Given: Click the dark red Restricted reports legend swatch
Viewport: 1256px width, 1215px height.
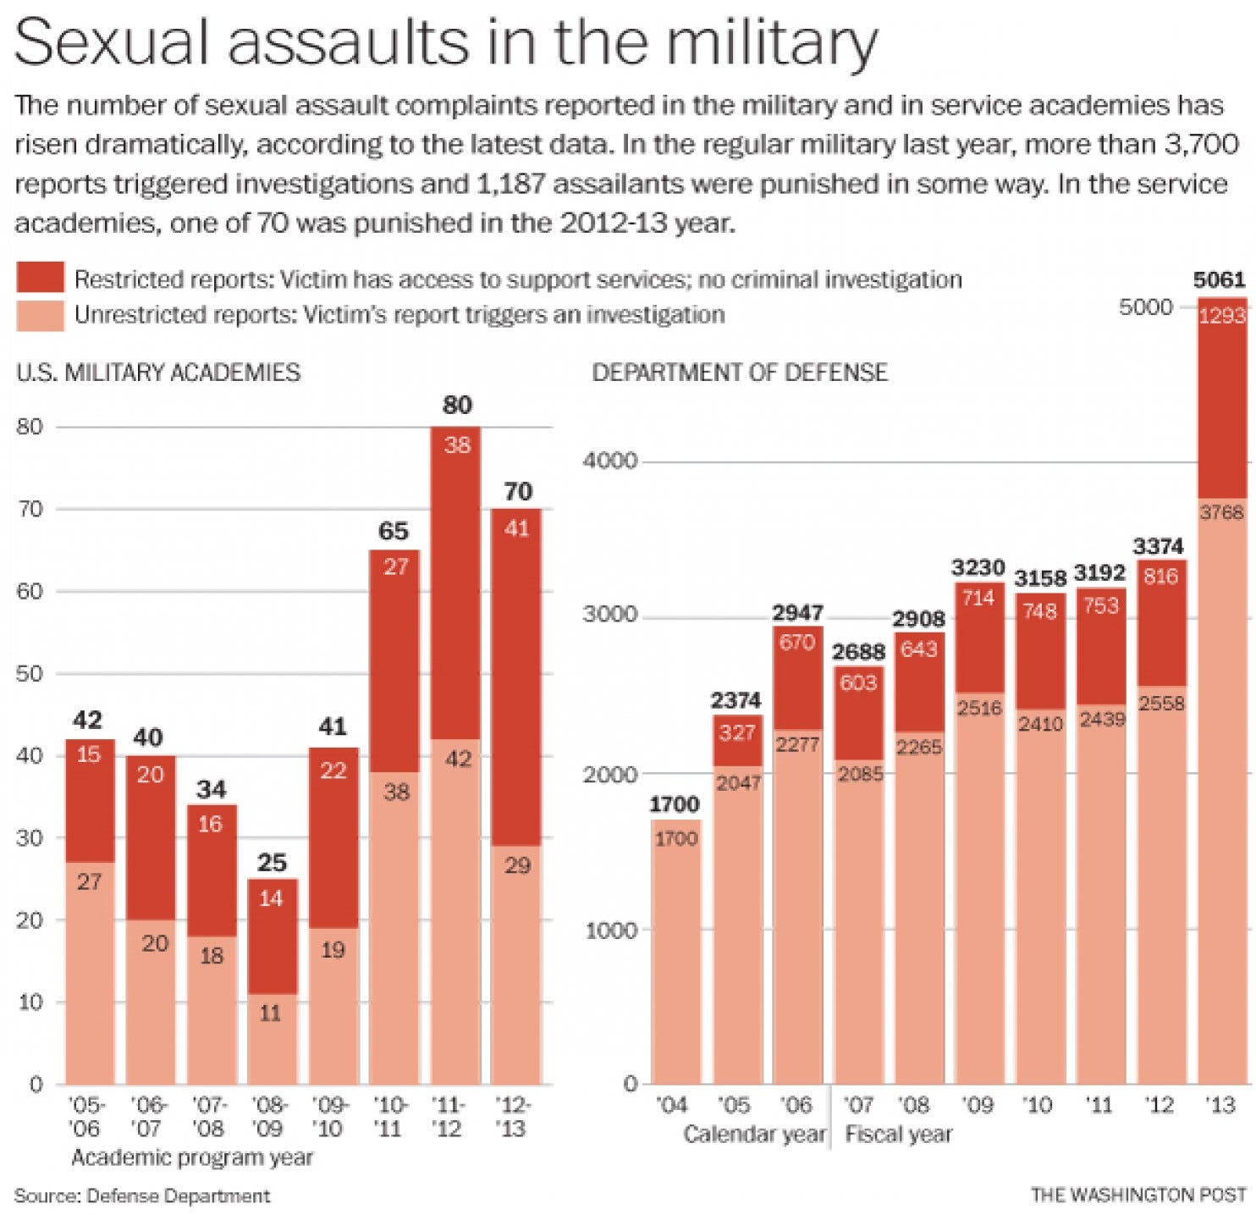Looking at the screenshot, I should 40,278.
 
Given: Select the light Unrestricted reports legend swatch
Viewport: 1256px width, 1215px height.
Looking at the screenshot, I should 40,315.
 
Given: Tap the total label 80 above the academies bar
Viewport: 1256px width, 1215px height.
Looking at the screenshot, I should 457,405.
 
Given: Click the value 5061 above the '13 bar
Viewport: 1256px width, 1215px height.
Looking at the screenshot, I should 1219,279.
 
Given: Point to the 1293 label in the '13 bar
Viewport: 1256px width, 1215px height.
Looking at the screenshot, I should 1222,316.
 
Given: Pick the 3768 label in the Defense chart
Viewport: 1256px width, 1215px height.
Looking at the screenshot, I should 1222,511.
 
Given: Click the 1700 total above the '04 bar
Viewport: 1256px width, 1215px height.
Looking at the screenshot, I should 675,804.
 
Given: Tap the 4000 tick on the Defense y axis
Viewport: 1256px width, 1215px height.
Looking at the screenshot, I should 609,461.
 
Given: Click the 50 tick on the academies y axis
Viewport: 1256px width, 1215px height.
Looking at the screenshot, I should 30,674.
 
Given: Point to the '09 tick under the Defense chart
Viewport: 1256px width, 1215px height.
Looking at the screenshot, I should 978,1104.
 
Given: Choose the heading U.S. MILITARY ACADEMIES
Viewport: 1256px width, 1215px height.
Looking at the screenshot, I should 158,373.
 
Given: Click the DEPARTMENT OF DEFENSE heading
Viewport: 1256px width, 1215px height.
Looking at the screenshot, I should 740,373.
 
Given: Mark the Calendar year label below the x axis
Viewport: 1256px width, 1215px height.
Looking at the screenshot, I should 754,1134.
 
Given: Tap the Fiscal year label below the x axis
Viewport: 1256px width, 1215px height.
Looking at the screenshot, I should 899,1134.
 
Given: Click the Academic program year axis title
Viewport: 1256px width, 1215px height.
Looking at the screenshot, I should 192,1157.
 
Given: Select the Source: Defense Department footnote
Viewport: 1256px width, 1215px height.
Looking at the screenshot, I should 142,1196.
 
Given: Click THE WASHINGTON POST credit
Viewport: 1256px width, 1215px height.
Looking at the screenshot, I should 1138,1195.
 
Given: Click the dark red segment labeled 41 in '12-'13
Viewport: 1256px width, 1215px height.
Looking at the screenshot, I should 516,677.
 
